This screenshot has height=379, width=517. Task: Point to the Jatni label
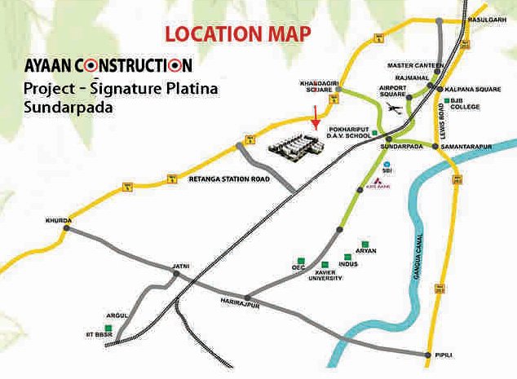[180, 267]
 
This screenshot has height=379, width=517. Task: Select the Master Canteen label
[415, 64]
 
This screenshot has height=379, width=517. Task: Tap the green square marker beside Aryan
[360, 244]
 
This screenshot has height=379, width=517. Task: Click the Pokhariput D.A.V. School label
[359, 131]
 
